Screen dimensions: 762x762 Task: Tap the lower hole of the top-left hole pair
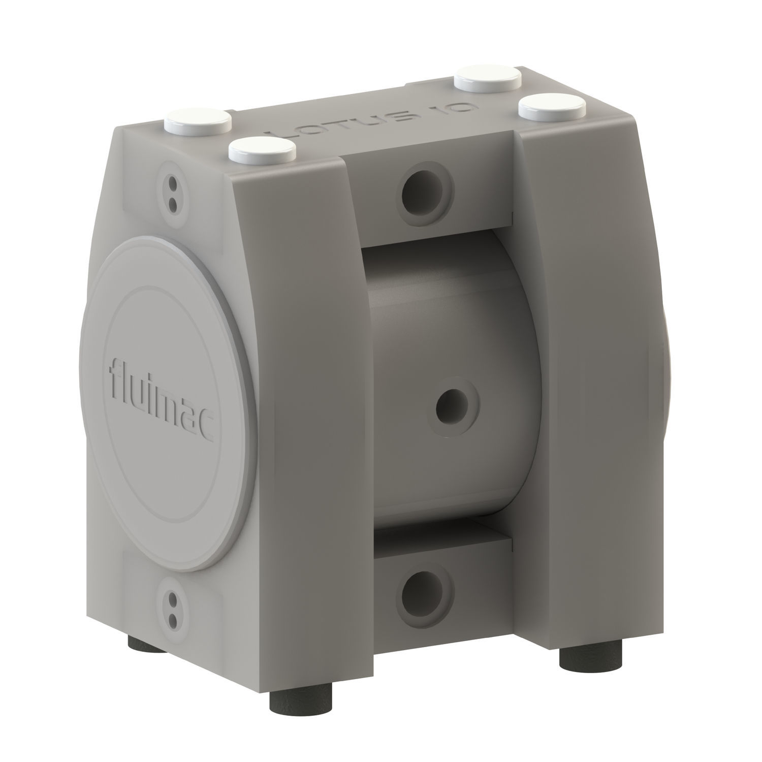[x=173, y=204]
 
